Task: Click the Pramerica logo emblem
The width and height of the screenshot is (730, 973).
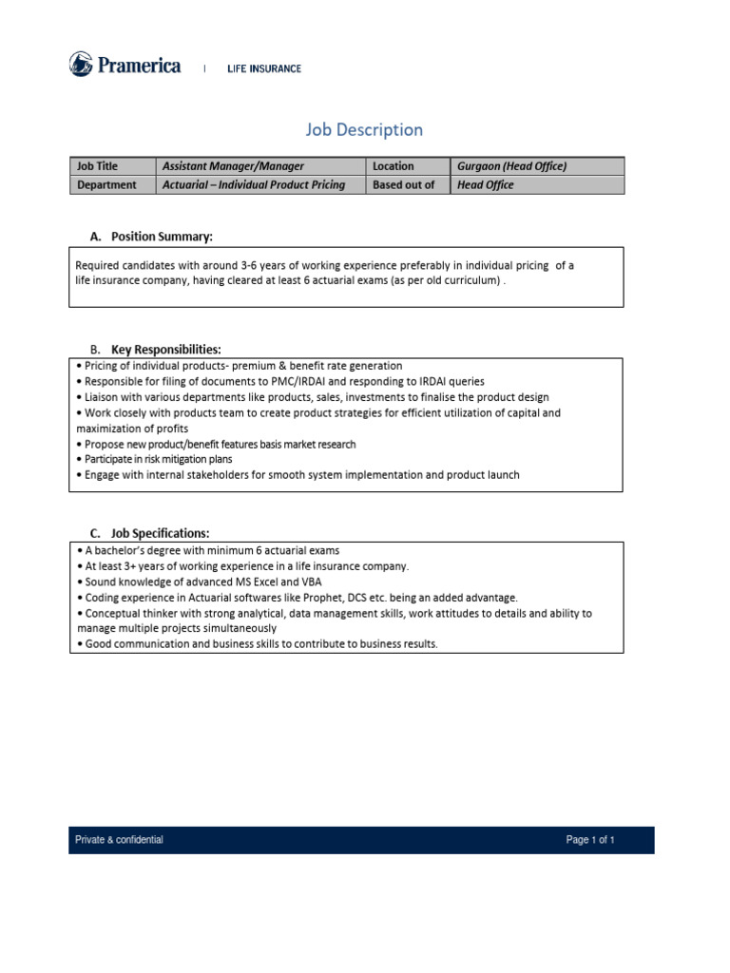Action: click(x=81, y=65)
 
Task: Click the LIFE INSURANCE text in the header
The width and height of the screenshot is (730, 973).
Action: click(x=263, y=68)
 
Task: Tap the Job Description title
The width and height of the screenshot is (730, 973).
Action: click(x=364, y=129)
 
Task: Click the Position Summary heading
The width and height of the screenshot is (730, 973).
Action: click(x=162, y=236)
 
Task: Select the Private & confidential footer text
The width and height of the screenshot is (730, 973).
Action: click(x=119, y=840)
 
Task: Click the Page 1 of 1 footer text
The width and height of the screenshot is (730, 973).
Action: click(x=590, y=840)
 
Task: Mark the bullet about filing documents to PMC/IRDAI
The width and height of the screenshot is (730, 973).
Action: click(x=284, y=381)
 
